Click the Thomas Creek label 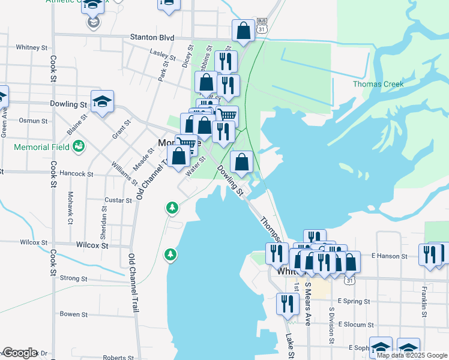tap(378, 84)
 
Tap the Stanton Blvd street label tap(152, 37)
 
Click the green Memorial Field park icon tap(78, 146)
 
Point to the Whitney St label tap(31, 47)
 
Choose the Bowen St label tap(73, 314)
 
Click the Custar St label tap(118, 200)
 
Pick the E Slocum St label tap(356, 324)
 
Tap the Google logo tap(20, 353)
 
